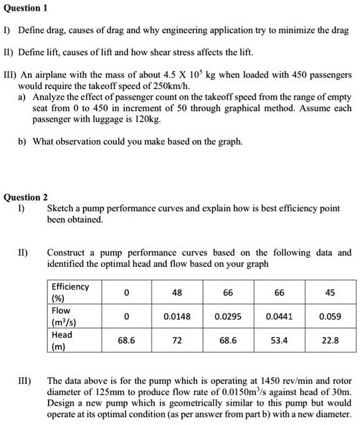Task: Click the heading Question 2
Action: (26, 197)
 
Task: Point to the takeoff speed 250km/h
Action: (172, 86)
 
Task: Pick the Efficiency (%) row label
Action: (70, 292)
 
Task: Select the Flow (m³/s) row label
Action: (64, 316)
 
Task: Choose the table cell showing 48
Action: (177, 292)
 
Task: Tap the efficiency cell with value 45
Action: (330, 292)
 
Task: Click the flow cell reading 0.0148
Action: (177, 316)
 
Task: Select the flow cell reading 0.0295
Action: (228, 316)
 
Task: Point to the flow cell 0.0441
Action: (279, 316)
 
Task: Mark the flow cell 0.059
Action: (330, 316)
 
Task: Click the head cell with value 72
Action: (177, 340)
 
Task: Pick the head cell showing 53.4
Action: (279, 340)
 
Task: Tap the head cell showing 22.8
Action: (330, 340)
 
